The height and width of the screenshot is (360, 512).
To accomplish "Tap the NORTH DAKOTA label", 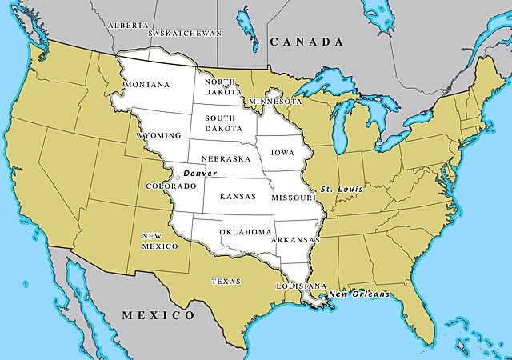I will coord(219,87).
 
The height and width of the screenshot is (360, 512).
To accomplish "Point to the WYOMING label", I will coord(158,136).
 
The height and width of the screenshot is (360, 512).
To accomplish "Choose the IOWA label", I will coord(282,151).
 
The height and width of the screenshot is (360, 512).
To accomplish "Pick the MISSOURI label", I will coord(293,197).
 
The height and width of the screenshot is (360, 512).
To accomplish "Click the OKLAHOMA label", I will coord(246,232).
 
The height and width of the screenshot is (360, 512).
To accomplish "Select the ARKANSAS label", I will coord(296,240).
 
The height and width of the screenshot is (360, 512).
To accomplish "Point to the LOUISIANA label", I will coord(302,286).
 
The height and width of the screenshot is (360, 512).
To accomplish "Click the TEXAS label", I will coord(226,281).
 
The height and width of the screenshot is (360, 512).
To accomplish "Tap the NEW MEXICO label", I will coord(158,241).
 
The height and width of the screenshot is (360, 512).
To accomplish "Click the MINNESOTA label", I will coord(275,102).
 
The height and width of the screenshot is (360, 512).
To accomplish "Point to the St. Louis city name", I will coord(342,189).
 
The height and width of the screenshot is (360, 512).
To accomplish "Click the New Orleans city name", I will coord(359,294).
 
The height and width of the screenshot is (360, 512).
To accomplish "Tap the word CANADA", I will coord(306,42).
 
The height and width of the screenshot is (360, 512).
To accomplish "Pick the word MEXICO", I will coord(157,315).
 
